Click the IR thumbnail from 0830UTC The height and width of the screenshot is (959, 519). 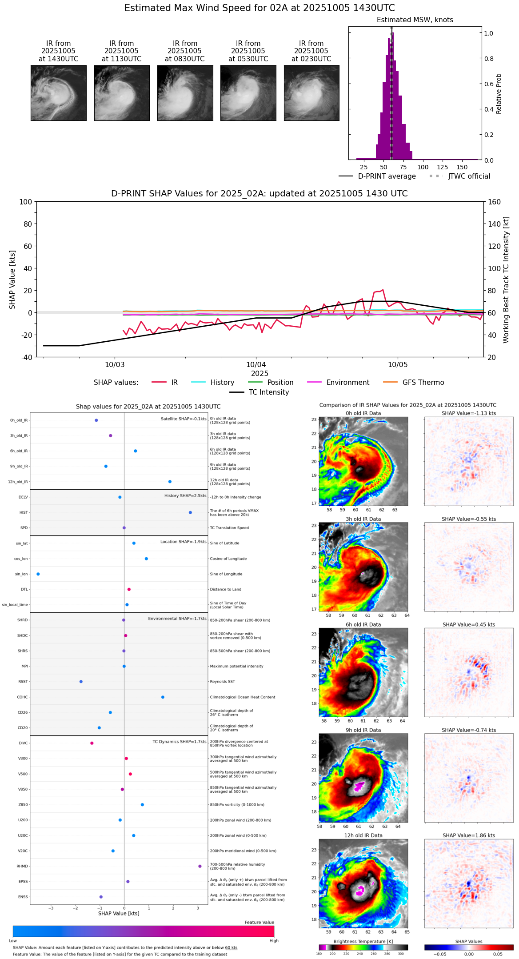(185, 93)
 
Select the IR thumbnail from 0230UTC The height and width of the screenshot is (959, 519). (311, 93)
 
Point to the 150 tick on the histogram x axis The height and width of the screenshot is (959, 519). (462, 167)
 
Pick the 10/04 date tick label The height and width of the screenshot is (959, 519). (256, 365)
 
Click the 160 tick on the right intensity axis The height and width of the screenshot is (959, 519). (494, 202)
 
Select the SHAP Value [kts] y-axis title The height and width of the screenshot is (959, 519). (12, 279)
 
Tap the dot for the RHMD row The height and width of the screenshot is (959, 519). (200, 866)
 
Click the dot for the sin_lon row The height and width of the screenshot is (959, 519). (38, 574)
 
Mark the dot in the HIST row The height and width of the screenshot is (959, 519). (190, 512)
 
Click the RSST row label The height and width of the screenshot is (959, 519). (23, 681)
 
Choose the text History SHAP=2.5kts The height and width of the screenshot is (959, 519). (185, 495)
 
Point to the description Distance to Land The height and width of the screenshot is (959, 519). (226, 589)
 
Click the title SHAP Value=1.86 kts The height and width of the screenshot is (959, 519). (469, 835)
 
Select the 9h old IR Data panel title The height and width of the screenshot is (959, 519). (363, 730)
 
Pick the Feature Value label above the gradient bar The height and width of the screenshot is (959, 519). (259, 923)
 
